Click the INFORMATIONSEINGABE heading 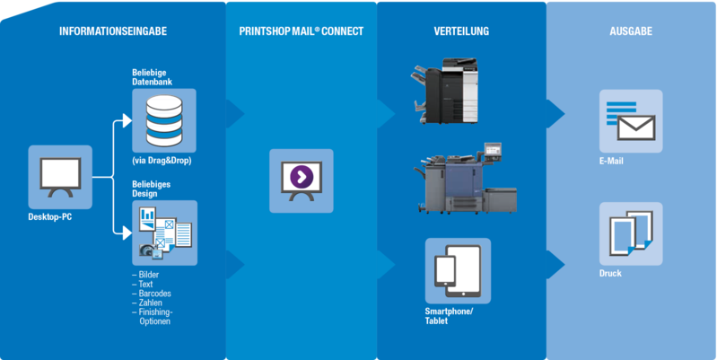click(113, 31)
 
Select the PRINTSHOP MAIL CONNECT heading click(302, 31)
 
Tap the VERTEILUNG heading click(461, 31)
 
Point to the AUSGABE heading click(631, 31)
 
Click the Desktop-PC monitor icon click(60, 178)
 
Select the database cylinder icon click(164, 120)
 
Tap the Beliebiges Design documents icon click(164, 233)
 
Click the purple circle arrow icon click(302, 175)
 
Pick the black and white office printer click(444, 91)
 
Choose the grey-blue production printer click(466, 179)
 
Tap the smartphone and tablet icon click(458, 271)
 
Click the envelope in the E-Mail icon click(636, 127)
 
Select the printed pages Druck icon click(631, 233)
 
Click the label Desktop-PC click(50, 217)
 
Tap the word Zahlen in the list click(151, 303)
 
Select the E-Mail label click(611, 162)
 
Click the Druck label click(610, 274)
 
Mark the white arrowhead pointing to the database click(127, 121)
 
